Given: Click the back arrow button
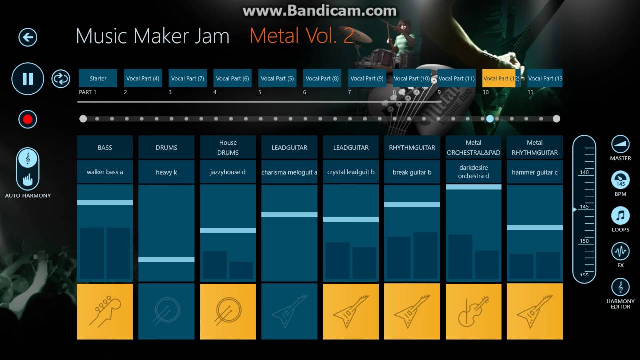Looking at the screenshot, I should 28,37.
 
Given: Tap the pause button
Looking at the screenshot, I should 28,79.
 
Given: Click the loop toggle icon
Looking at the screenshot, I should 61,79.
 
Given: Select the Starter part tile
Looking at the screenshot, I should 98,78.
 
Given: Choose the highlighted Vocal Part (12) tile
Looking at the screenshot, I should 499,78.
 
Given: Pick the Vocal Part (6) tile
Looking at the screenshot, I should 232,78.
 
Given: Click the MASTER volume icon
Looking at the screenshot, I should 620,144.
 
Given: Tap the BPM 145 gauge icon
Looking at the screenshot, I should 620,180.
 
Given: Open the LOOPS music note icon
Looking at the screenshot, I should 620,216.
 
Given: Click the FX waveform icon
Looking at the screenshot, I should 620,251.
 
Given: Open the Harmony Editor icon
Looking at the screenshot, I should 620,287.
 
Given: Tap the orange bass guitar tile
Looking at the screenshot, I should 105,311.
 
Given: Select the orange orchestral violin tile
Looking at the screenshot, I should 473,311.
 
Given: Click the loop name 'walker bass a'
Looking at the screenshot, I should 105,172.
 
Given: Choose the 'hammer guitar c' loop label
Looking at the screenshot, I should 535,172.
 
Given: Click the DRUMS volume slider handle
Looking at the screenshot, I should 166,259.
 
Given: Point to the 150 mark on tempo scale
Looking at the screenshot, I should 584,241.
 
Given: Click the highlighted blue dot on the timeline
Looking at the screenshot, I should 490,119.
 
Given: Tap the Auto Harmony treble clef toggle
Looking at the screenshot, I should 28,159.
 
